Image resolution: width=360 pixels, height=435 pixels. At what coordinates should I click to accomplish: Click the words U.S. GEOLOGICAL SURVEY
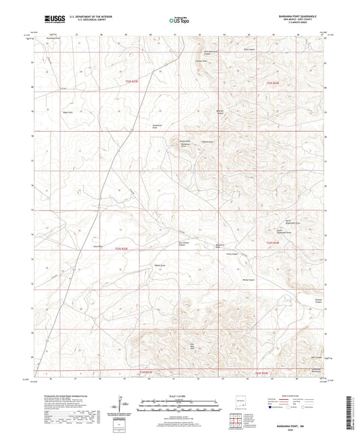click(x=87, y=20)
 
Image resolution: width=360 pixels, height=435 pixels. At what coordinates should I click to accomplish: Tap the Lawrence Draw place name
click(x=201, y=61)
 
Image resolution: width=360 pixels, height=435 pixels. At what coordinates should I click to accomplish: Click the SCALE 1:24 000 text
click(x=180, y=395)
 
